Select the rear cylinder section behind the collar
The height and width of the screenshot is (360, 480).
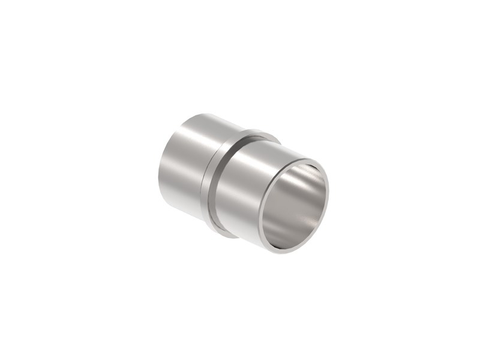coord(183,171)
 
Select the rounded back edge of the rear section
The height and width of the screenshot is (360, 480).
coord(161,180)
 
